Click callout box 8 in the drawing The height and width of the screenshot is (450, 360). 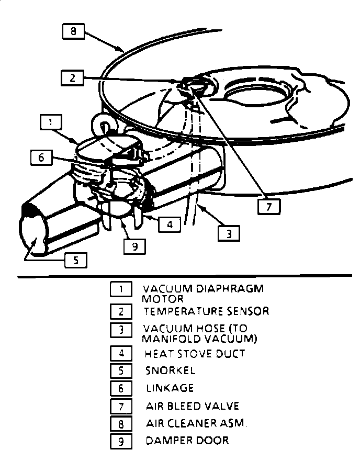click(73, 31)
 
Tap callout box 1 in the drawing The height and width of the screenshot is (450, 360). click(50, 122)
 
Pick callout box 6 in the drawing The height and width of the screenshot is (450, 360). click(41, 156)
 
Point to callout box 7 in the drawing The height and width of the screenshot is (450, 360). click(269, 207)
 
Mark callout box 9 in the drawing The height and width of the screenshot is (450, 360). click(135, 245)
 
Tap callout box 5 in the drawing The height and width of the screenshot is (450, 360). click(76, 260)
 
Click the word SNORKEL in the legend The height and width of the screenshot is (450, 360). click(171, 370)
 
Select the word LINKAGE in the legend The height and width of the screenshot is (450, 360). click(170, 388)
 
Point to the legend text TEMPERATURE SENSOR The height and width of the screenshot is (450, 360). click(207, 311)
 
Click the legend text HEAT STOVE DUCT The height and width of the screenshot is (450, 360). click(195, 354)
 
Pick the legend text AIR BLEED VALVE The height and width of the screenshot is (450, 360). click(192, 406)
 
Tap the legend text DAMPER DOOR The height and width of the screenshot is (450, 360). click(187, 440)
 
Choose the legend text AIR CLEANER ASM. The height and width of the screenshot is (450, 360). click(196, 423)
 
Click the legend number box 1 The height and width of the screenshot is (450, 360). click(121, 289)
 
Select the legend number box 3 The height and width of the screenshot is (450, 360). click(121, 330)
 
